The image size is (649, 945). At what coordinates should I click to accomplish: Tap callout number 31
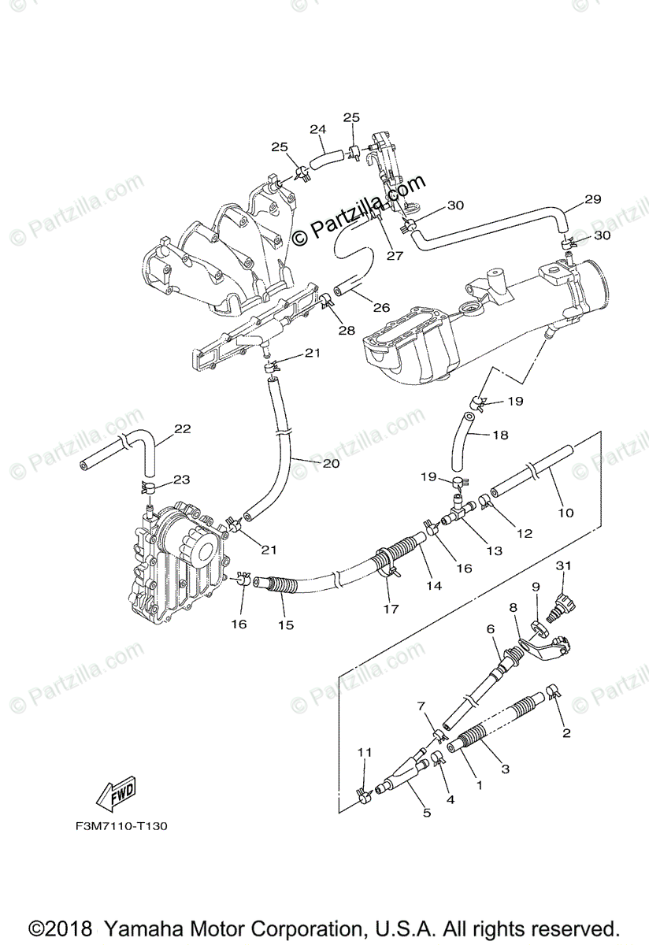point(562,565)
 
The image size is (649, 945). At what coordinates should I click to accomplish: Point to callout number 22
point(183,429)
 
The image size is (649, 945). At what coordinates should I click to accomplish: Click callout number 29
point(593,199)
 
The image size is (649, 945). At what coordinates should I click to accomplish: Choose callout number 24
point(317,129)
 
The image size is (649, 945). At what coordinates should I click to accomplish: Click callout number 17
point(391,608)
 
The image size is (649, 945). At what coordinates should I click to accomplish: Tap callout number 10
point(566,513)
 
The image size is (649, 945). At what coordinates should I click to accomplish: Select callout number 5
point(427,812)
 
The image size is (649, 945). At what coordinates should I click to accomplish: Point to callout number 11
point(363,753)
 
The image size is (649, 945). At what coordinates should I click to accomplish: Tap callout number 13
point(494,551)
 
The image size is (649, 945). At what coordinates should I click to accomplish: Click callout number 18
point(501,435)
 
